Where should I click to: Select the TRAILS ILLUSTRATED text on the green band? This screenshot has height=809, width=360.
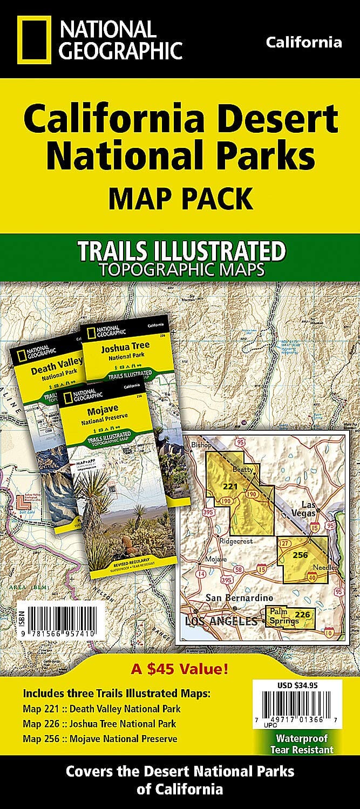click(x=181, y=251)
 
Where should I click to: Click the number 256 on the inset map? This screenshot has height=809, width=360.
click(x=300, y=554)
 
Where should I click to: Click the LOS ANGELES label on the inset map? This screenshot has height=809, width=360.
click(x=221, y=621)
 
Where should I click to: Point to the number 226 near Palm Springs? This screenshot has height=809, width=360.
click(x=303, y=614)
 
